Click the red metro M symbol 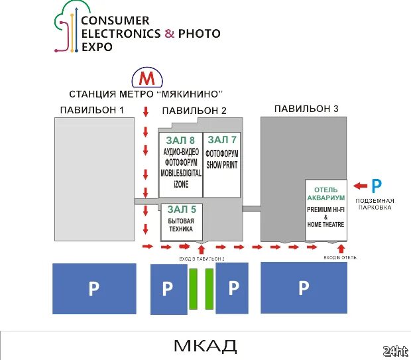(147, 78)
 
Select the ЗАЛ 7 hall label (221, 140)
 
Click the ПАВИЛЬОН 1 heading (92, 109)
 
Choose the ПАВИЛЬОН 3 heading (306, 109)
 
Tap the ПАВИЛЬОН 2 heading (194, 110)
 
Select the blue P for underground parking (376, 186)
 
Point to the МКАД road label (205, 345)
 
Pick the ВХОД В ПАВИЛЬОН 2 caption (202, 258)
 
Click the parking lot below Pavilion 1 (93, 288)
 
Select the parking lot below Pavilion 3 (304, 288)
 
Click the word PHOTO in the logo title (199, 33)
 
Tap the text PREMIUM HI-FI (325, 210)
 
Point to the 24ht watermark (395, 350)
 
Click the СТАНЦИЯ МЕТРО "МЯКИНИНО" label (145, 93)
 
